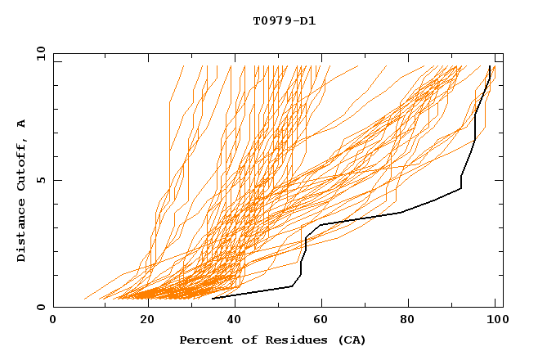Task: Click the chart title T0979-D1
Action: click(285, 21)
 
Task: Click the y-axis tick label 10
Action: click(39, 53)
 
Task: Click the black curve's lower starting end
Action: click(213, 298)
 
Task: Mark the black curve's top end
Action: click(490, 66)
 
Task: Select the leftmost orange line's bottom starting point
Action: click(84, 299)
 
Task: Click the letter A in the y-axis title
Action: click(22, 123)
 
